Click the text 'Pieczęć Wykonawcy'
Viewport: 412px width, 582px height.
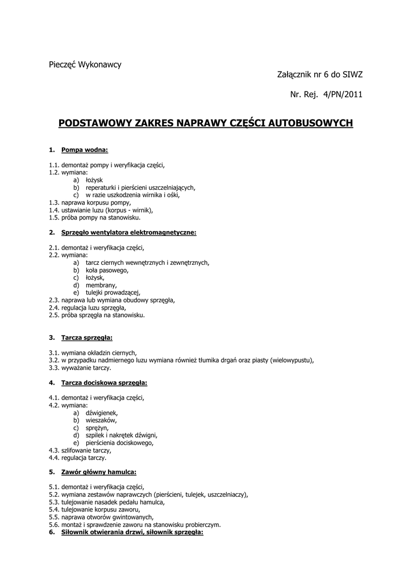click(85, 64)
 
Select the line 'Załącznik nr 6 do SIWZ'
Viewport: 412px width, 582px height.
click(319, 74)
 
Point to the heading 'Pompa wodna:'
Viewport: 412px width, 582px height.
click(85, 150)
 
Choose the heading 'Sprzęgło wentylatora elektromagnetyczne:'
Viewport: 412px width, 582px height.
click(128, 232)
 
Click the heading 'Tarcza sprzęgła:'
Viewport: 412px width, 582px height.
click(87, 337)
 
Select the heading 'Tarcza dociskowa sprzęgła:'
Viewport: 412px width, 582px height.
click(104, 383)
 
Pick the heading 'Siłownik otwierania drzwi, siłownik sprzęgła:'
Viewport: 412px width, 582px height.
click(132, 532)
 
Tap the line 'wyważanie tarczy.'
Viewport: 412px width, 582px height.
click(86, 367)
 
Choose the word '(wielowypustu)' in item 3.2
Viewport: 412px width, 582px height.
click(292, 360)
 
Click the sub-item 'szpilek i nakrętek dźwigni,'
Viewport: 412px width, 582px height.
click(121, 435)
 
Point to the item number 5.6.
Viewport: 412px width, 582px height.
click(54, 525)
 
